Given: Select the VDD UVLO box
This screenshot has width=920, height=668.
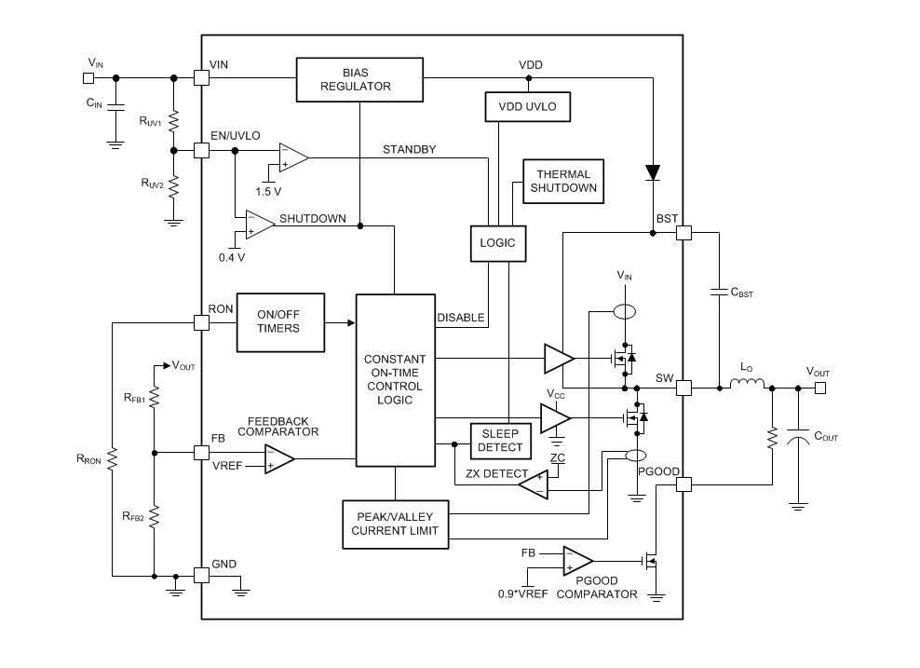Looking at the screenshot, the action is [527, 107].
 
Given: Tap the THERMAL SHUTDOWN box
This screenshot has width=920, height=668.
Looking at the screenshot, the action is [563, 182].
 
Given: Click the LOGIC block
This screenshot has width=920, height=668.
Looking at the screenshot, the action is [497, 243].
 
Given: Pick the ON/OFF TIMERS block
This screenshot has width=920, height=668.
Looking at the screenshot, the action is [279, 321].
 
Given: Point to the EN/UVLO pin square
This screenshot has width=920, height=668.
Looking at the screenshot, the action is [201, 150].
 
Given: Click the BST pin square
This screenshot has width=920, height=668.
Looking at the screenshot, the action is [684, 233].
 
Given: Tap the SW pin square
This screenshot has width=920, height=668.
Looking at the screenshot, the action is [684, 387].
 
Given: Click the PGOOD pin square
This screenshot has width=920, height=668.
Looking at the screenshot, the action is [684, 484].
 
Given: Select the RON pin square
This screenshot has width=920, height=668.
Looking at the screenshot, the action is [201, 322].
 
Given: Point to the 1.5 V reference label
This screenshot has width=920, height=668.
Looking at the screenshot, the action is [268, 191].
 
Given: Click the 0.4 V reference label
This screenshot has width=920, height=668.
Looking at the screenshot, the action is [232, 256].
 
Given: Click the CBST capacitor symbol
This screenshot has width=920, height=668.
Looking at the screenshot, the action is [720, 293].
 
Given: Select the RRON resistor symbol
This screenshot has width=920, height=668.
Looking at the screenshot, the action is [111, 457].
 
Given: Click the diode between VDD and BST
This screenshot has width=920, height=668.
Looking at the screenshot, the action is [652, 172].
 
